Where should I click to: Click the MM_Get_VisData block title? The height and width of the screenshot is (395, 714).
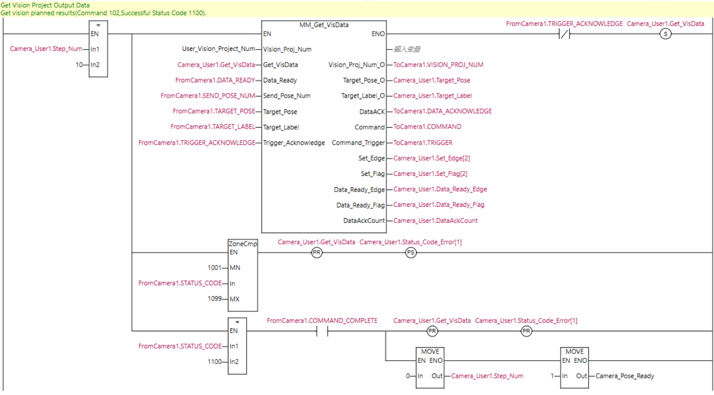[324, 25]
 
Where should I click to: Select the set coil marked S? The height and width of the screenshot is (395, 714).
[665, 34]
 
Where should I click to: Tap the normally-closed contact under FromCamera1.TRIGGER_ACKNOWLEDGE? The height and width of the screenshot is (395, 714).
[564, 34]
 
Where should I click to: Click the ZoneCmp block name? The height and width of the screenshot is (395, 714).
[243, 243]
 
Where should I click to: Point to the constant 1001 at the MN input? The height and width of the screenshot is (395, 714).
[214, 268]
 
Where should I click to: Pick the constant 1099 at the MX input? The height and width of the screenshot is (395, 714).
[214, 299]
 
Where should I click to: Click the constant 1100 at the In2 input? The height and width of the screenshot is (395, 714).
[214, 362]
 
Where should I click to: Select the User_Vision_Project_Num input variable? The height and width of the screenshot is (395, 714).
[218, 49]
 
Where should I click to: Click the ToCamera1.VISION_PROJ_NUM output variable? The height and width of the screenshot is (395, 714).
[438, 65]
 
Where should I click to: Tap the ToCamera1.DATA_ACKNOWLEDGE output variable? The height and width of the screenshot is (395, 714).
[442, 111]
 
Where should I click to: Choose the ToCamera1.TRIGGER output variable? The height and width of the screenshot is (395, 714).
[423, 142]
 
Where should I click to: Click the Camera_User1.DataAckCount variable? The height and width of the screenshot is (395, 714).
[435, 221]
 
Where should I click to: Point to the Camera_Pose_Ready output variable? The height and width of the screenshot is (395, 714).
[624, 376]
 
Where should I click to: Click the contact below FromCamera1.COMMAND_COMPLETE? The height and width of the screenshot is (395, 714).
[322, 331]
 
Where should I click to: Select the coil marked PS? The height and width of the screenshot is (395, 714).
[410, 253]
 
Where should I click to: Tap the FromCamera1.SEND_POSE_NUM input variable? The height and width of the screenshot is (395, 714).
[208, 96]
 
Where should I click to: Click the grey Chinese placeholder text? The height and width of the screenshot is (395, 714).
[407, 49]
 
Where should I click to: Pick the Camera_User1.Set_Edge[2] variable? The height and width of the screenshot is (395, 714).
[431, 158]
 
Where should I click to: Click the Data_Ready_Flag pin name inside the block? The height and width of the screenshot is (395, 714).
[360, 205]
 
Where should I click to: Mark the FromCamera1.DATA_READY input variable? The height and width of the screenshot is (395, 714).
[215, 80]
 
